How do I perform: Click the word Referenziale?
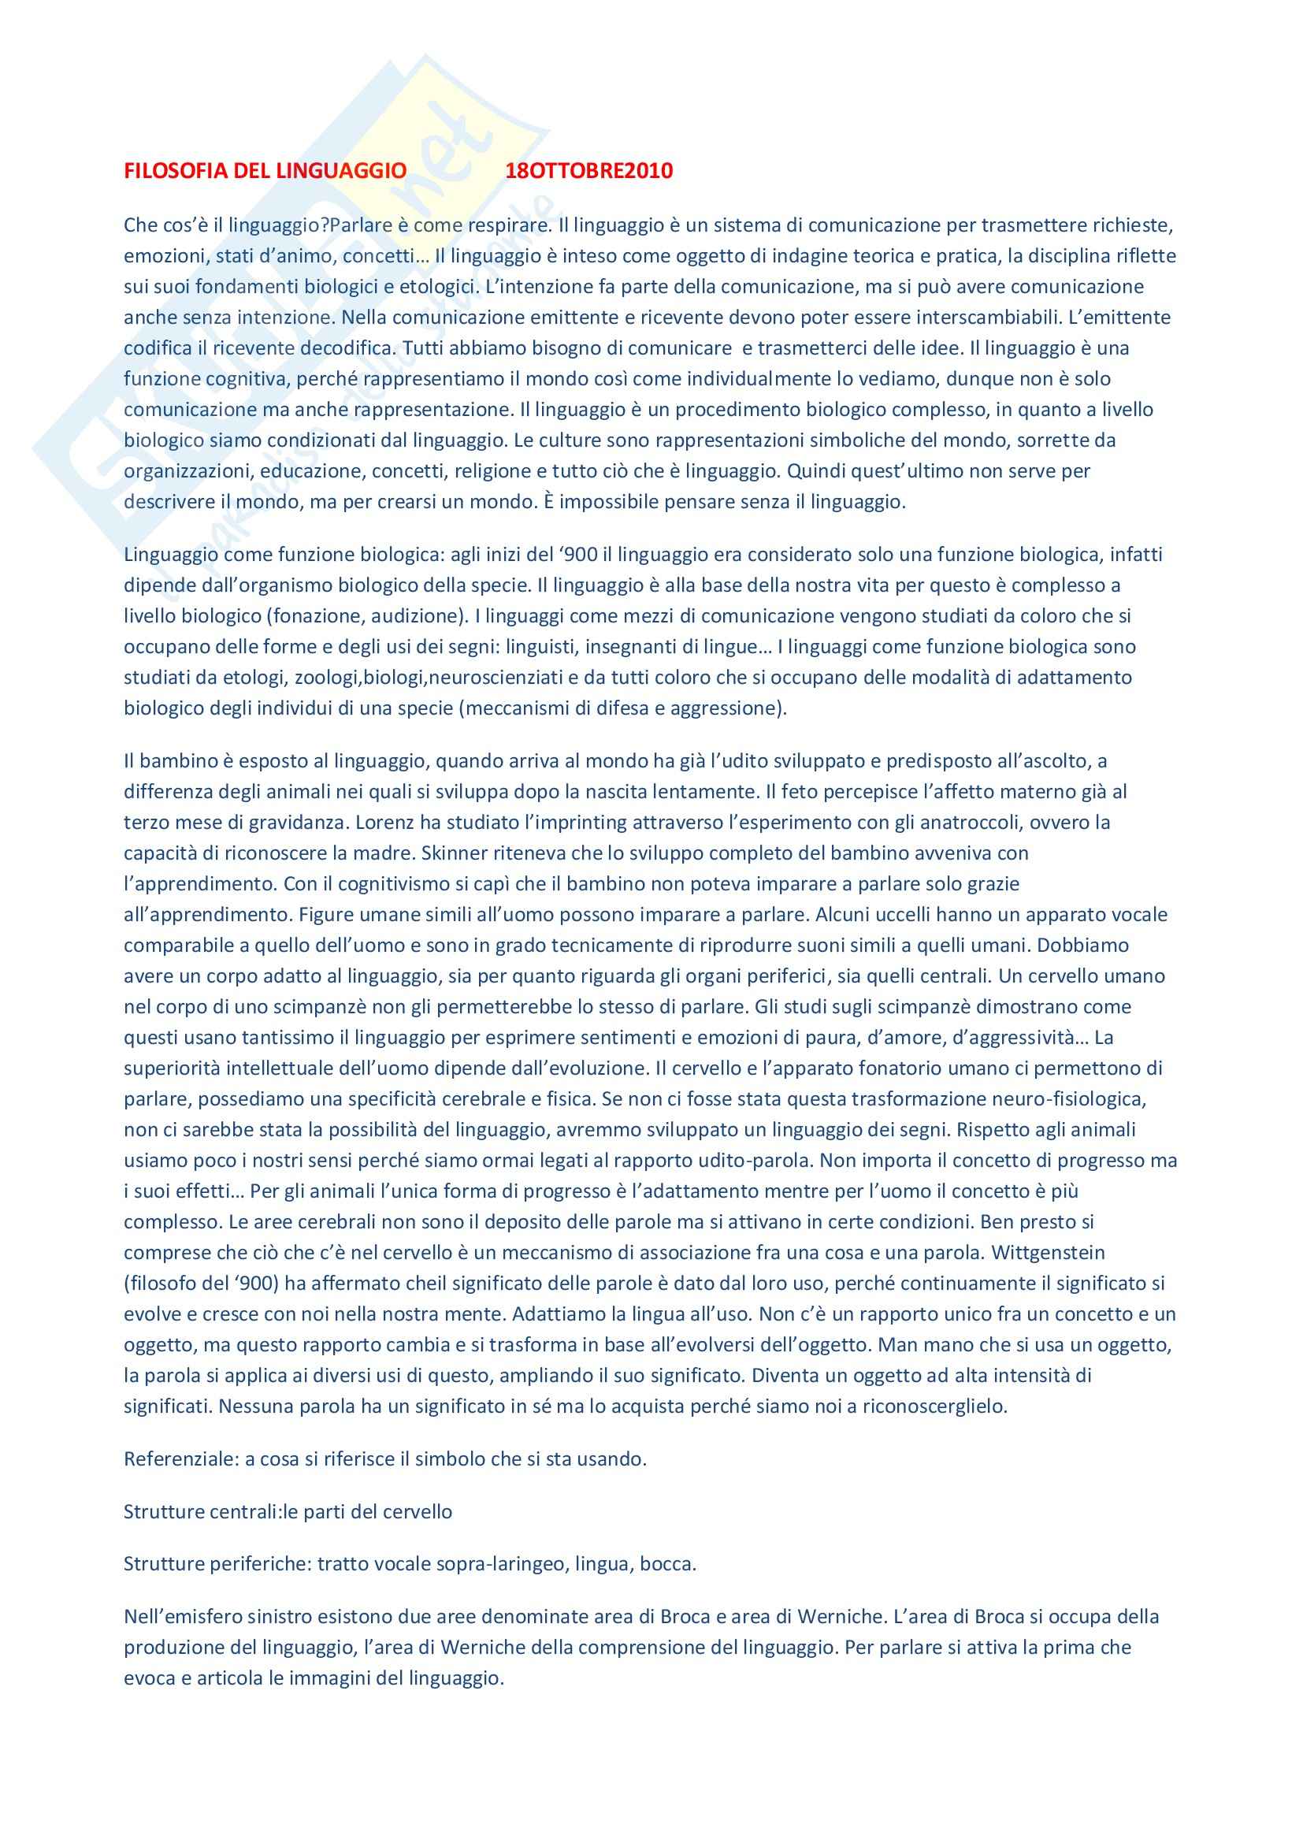pyautogui.click(x=180, y=1458)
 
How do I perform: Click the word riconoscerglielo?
pyautogui.click(x=934, y=1406)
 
